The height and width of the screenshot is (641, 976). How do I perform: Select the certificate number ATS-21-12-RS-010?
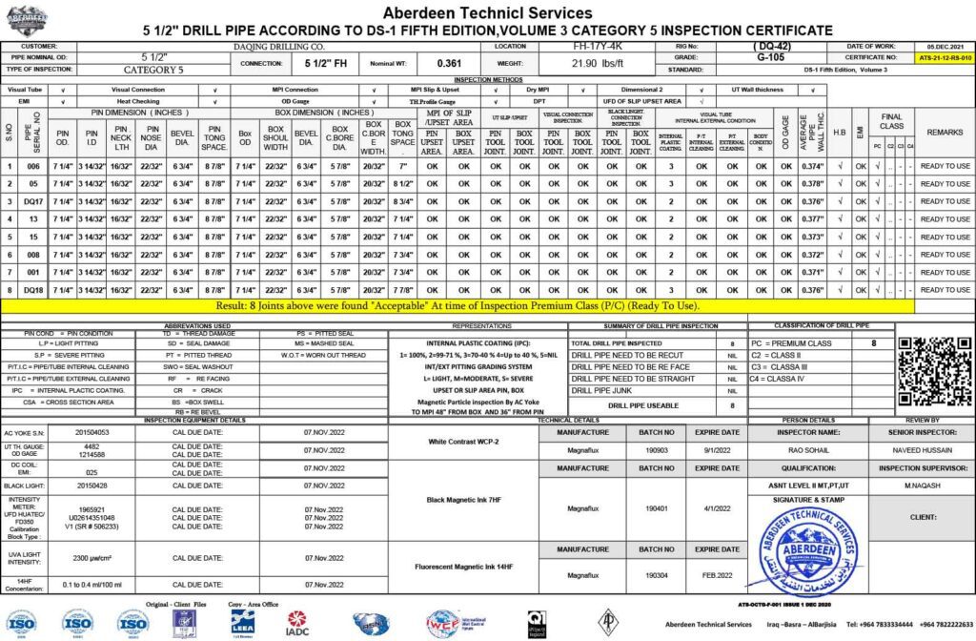(943, 58)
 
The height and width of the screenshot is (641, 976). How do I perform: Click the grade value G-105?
(770, 57)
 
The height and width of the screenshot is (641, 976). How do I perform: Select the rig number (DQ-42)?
(770, 46)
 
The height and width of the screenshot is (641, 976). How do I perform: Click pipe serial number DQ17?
(34, 201)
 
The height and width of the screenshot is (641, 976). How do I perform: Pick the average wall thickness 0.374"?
(813, 167)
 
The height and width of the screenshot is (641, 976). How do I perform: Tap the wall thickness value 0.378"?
(813, 184)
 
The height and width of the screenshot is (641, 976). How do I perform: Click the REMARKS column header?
(945, 133)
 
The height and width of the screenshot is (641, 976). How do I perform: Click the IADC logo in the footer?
(297, 623)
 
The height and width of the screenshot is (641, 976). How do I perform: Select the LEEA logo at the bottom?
(242, 623)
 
